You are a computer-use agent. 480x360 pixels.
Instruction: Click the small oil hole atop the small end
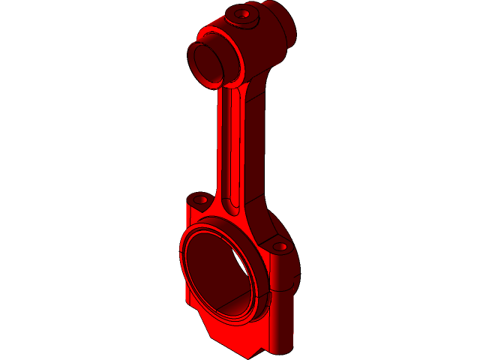(x=241, y=13)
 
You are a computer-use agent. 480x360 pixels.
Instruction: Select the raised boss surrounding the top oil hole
(x=233, y=19)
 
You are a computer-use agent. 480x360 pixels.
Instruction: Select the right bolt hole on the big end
(x=280, y=246)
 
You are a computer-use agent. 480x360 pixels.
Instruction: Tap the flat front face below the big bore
(x=225, y=330)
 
